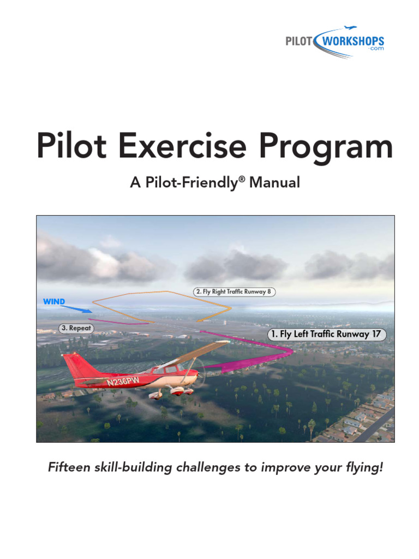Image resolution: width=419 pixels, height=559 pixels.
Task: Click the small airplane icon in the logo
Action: tap(350, 28)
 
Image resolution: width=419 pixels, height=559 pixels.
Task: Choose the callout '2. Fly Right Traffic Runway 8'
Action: tap(234, 292)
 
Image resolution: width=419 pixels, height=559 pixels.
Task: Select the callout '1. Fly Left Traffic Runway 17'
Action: tap(327, 335)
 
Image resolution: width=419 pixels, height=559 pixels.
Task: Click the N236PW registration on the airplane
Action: tap(123, 380)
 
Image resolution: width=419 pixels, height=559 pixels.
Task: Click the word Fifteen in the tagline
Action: tap(69, 468)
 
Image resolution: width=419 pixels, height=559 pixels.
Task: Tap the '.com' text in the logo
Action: tap(376, 49)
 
